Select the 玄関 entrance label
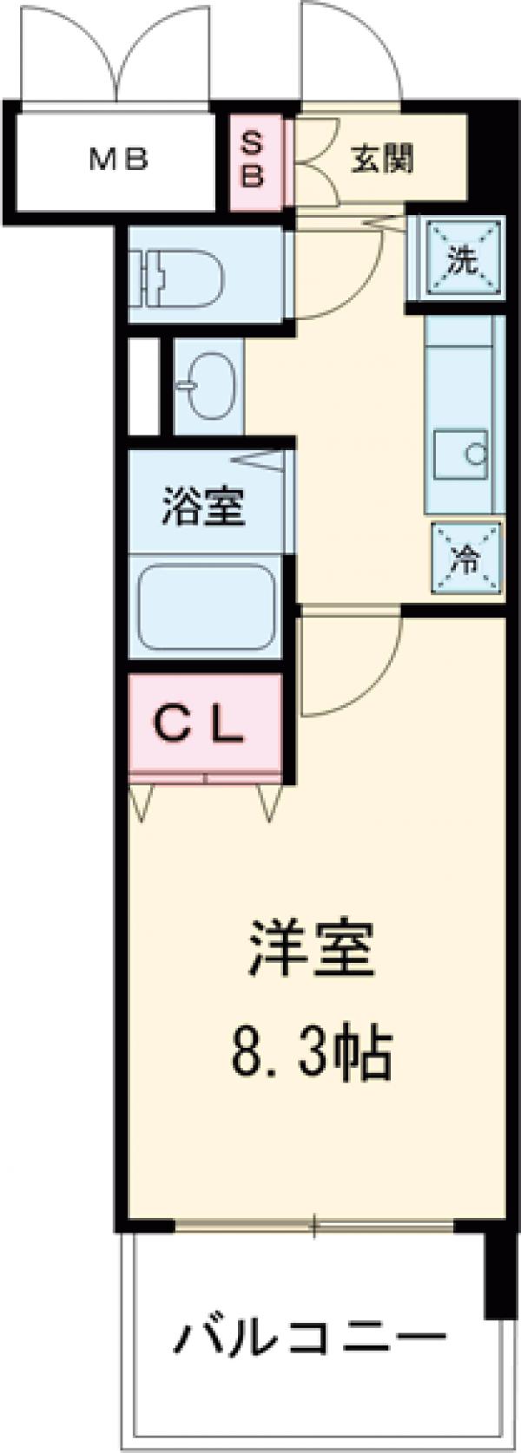click(382, 160)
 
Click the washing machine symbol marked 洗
click(460, 259)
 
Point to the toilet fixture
click(178, 276)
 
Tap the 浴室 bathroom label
click(205, 508)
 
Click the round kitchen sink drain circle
click(476, 452)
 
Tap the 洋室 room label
click(313, 950)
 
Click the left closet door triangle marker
click(142, 802)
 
